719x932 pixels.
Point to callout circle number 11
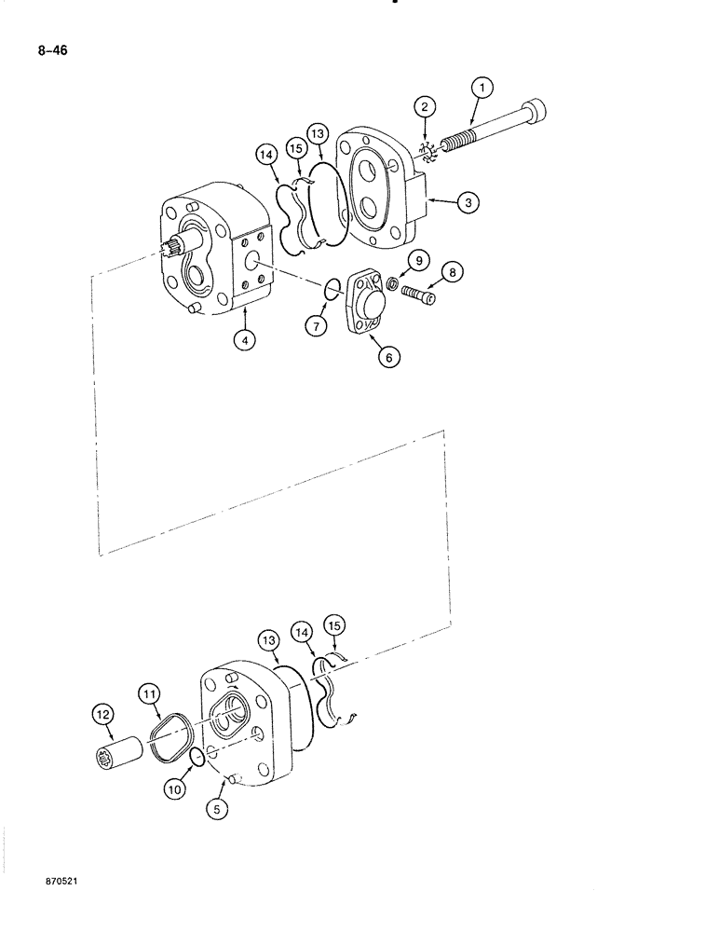coord(151,692)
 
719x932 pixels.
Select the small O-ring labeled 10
coord(197,759)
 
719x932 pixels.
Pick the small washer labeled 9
coord(393,282)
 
